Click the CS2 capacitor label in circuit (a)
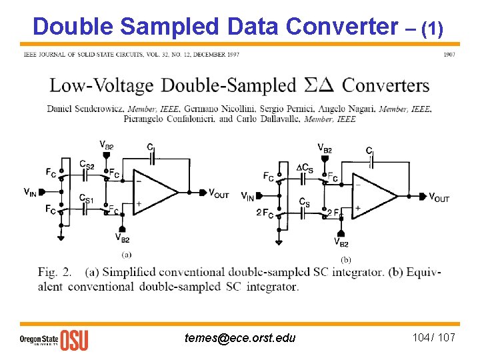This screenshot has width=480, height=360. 86,164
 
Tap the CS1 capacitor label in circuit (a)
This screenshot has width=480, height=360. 86,198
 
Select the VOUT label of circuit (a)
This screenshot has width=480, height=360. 219,193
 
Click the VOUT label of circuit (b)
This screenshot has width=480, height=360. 438,197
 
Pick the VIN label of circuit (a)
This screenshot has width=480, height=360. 30,193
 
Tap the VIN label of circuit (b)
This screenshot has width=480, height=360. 247,196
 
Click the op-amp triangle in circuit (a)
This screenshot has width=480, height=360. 155,192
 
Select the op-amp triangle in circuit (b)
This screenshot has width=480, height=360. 373,196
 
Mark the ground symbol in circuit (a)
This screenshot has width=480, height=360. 61,237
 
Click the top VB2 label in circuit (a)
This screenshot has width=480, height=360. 106,145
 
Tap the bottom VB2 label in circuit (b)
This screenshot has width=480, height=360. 341,244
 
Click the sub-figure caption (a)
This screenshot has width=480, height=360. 126,255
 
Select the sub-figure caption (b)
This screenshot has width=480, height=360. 345,259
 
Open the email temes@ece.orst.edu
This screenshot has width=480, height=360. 240,338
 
